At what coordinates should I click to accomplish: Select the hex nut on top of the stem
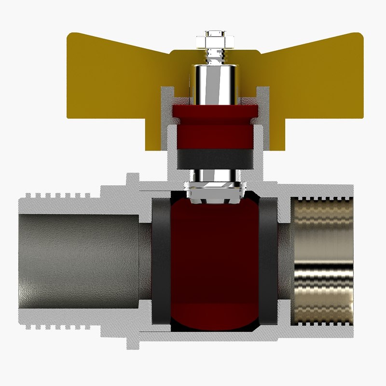[x=213, y=41]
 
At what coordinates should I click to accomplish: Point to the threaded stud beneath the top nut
[x=213, y=57]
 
